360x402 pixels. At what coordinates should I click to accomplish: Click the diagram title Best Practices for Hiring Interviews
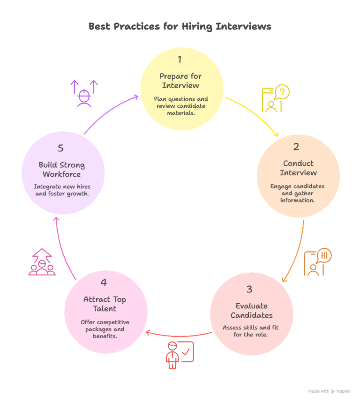(x=180, y=27)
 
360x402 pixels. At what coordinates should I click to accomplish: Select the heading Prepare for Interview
(x=180, y=81)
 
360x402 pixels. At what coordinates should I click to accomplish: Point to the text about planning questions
(x=180, y=106)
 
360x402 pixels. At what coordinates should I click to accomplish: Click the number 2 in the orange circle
(x=296, y=147)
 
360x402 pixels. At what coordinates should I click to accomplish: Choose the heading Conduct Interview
(x=298, y=168)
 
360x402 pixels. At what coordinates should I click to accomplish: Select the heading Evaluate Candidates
(x=251, y=310)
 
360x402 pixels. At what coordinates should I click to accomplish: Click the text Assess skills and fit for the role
(x=251, y=331)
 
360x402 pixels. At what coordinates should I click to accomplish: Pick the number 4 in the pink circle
(x=104, y=283)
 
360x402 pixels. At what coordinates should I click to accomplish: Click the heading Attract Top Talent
(x=105, y=304)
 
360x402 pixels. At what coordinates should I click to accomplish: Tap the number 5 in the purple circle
(x=60, y=148)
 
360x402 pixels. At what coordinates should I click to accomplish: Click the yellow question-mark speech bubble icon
(x=275, y=99)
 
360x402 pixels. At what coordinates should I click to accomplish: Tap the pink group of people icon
(x=42, y=262)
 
